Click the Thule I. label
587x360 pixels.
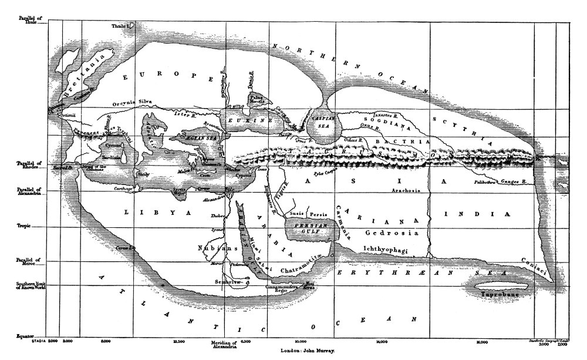click(124, 26)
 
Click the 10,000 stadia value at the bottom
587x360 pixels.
click(301, 341)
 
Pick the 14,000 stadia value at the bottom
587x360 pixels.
click(382, 341)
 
